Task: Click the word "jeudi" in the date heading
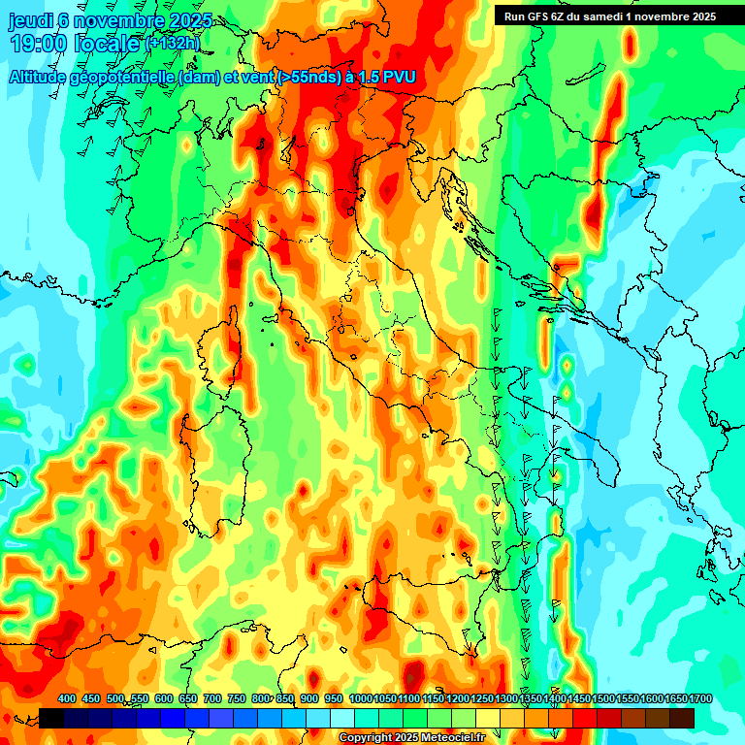coord(30,21)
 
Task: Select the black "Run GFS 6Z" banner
coord(608,16)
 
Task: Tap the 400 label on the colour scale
coord(67,698)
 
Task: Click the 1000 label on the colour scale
coord(361,698)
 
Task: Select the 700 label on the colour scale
coord(213,698)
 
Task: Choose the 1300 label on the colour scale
coord(507,698)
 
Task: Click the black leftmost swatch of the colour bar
coord(51,718)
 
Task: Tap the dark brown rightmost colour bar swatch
coord(682,718)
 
